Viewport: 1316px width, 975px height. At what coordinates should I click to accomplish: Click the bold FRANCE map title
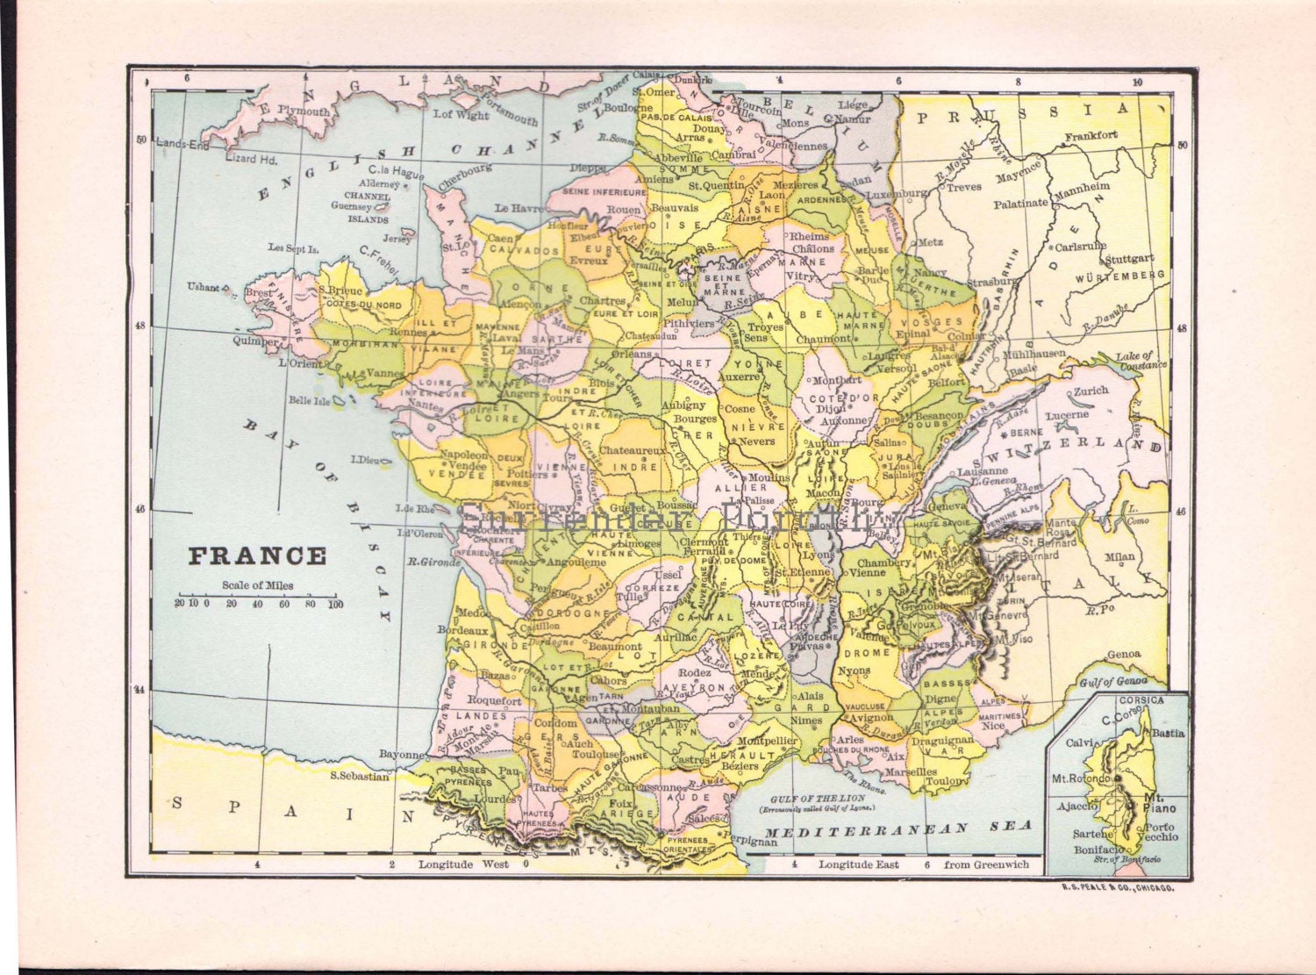(257, 556)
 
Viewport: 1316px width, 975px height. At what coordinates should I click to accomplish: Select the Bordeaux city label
(461, 630)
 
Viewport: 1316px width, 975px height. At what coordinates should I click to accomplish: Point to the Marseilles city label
(910, 772)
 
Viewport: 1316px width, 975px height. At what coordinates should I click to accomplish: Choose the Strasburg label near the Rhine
(992, 283)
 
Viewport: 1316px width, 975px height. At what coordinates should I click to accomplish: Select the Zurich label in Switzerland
(1091, 391)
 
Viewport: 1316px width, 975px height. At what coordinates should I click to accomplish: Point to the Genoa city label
(1124, 654)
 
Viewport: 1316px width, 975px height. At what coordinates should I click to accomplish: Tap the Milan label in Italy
(1119, 556)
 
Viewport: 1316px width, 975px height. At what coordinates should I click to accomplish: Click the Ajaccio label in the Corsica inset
(1076, 806)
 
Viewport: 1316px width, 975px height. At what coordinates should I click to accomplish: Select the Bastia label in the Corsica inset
(1167, 733)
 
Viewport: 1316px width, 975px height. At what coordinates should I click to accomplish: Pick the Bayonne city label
(402, 754)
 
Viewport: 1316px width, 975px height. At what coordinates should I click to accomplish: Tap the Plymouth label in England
(304, 111)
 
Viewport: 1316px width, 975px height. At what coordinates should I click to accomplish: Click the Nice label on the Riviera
(993, 726)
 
